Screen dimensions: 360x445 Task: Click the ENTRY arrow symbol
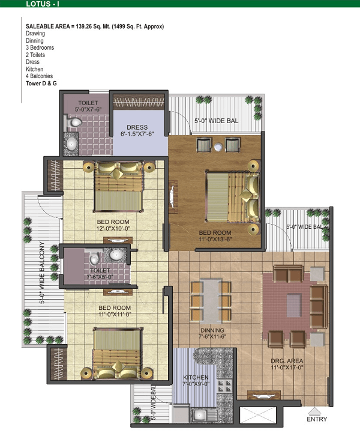coord(314,411)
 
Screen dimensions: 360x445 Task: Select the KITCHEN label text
coord(196,377)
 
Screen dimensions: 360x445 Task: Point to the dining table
coord(211,301)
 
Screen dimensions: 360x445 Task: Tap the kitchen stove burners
coord(224,386)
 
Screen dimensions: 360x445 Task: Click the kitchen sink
coord(200,416)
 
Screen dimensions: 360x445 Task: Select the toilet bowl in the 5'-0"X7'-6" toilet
coord(74,123)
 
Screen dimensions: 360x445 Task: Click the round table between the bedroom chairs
coord(218,147)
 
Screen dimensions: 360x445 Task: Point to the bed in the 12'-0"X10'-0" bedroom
coord(118,186)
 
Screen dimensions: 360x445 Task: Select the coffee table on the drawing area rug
coord(293,305)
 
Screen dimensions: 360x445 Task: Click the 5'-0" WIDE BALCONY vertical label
coord(42,273)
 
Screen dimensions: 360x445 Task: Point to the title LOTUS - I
coord(43,4)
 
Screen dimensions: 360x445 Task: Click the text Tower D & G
coord(41,83)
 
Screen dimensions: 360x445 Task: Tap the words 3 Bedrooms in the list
coord(40,47)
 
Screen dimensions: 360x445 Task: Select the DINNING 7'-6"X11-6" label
coord(212,333)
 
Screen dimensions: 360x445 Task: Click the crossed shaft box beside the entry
coord(257,415)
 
